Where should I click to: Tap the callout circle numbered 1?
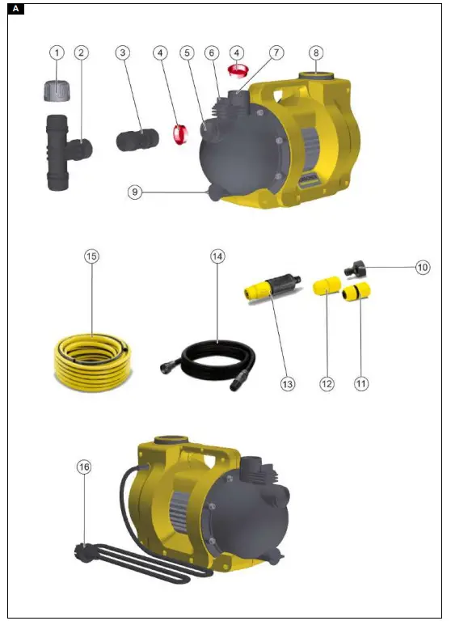pos(57,52)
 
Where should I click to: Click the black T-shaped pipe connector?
pos(65,150)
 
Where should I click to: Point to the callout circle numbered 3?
pos(122,52)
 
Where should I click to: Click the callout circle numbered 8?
pos(317,52)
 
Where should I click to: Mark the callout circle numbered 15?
pos(92,256)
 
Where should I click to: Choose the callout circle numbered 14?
pos(217,256)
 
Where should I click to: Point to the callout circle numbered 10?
pos(423,266)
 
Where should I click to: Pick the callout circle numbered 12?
pos(327,384)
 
